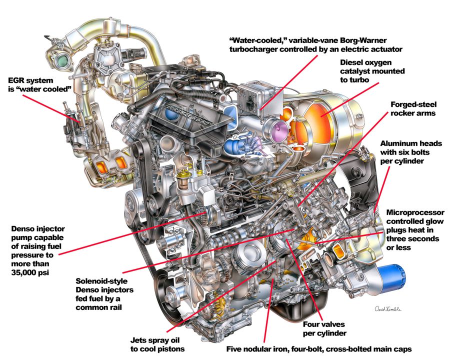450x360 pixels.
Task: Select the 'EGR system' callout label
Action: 31,80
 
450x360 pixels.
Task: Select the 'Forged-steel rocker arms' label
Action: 413,109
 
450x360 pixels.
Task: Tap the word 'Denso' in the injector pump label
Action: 23,229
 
